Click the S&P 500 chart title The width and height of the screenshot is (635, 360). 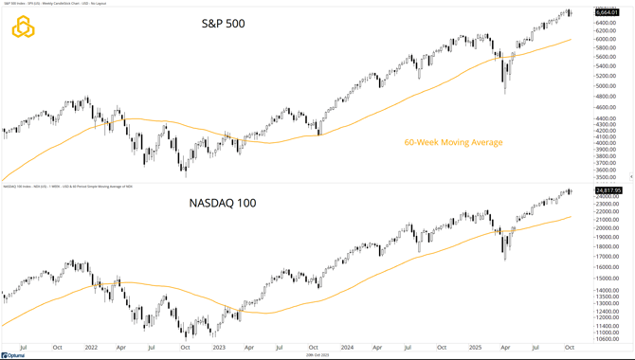[223, 23]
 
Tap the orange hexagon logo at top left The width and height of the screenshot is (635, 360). [23, 28]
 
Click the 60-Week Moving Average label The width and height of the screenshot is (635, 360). [453, 143]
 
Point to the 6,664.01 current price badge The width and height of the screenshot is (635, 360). [608, 12]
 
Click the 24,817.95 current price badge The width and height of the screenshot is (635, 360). [608, 190]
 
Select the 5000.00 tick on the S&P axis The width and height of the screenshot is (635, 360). [607, 86]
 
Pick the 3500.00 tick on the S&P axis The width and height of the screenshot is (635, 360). [607, 177]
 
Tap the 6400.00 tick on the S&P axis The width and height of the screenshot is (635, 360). [607, 21]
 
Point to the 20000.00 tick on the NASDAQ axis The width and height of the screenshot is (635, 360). [608, 228]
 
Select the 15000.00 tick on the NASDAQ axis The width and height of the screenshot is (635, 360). [608, 279]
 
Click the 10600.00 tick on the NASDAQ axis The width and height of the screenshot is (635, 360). [608, 339]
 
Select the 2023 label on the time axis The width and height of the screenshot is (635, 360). [219, 349]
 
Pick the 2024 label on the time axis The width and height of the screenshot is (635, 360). [345, 349]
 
